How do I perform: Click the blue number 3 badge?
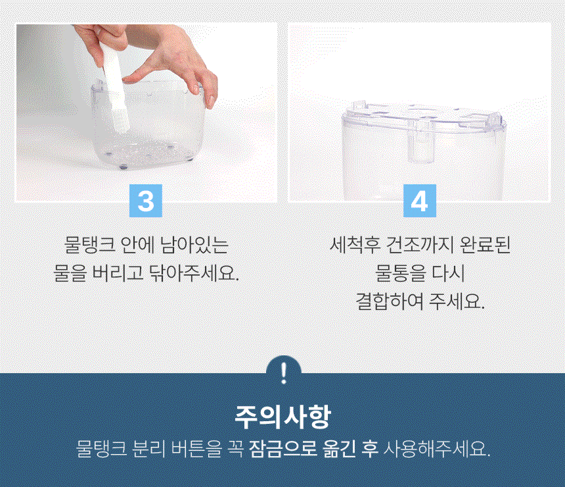click(146, 201)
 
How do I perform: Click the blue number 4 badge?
click(419, 201)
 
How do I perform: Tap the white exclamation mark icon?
click(284, 373)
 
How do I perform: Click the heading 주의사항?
click(282, 417)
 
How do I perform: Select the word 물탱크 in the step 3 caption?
click(89, 245)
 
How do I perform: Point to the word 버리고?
click(118, 273)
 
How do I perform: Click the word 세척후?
click(355, 245)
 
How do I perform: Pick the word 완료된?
click(485, 245)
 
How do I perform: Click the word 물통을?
click(400, 273)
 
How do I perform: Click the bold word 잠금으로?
click(283, 449)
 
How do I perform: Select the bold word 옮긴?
click(340, 449)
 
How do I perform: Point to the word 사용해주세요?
click(437, 449)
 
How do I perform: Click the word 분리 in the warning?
click(149, 449)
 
